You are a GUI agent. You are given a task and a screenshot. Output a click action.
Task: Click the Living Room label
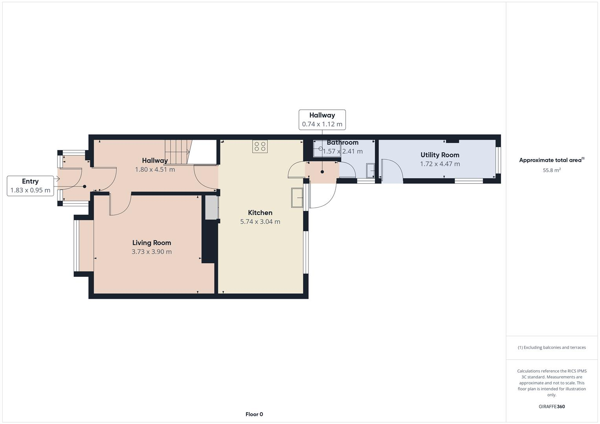tap(151, 243)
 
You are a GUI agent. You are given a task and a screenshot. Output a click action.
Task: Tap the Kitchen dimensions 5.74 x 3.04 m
tap(260, 221)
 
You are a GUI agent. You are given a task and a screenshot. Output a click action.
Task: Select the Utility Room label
tap(440, 155)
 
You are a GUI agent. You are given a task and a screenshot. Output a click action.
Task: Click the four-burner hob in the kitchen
tap(260, 146)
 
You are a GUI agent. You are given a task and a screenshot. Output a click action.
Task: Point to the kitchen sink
tap(297, 197)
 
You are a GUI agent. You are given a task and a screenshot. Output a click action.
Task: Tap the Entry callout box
tap(30, 186)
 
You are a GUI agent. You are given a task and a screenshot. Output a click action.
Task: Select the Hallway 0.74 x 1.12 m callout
tap(322, 120)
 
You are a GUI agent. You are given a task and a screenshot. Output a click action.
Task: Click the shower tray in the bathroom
tap(326, 149)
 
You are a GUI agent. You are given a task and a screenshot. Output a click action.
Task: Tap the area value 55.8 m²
tap(551, 170)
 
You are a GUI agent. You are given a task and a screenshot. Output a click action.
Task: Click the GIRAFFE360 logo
tap(551, 406)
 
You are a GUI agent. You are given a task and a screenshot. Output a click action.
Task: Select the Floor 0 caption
tap(254, 414)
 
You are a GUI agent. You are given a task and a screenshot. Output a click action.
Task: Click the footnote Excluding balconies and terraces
tap(551, 347)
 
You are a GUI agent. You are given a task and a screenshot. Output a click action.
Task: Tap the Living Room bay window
tap(84, 246)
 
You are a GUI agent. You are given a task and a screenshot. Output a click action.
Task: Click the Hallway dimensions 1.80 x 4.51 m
tap(155, 170)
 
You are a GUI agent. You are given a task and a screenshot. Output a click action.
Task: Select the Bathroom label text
tap(342, 143)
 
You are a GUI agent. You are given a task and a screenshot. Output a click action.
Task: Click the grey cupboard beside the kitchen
tap(211, 207)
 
